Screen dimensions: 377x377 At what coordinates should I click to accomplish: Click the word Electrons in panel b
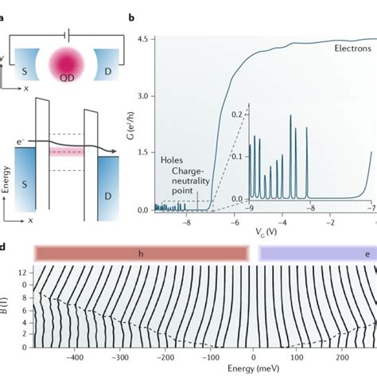pos(347,48)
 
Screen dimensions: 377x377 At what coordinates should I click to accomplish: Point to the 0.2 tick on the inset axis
pos(239,115)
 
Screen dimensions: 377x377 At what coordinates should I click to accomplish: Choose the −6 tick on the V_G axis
pos(235,223)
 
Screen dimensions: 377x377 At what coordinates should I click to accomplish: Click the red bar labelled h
pos(141,252)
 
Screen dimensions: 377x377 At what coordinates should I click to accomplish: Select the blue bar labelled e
pos(318,252)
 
